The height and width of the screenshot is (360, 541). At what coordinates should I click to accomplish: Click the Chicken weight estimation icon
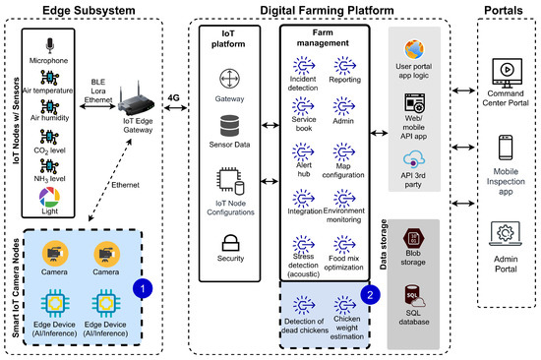click(x=345, y=304)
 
